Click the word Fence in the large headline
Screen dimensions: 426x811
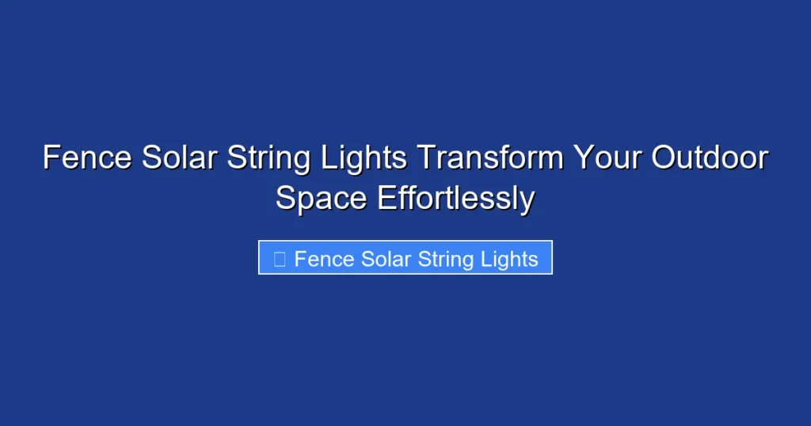tap(88, 158)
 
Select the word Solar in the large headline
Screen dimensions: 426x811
tap(179, 158)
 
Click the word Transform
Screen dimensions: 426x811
tap(490, 158)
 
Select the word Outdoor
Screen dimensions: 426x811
tap(710, 158)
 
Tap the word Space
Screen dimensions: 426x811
tap(322, 199)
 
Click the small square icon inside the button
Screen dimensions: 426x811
tap(279, 259)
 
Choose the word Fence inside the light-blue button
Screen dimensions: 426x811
tap(325, 259)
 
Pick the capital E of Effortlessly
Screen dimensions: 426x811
tap(386, 198)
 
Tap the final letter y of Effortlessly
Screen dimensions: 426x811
tap(527, 201)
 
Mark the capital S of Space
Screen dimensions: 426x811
tap(286, 198)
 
